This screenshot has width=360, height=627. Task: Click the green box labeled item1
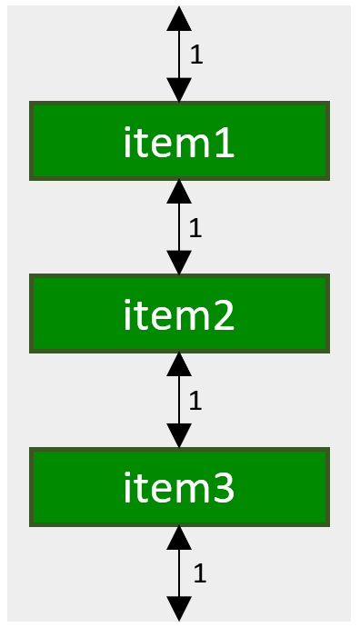179,141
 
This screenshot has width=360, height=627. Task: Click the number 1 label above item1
195,55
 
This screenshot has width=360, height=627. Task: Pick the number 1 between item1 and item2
195,227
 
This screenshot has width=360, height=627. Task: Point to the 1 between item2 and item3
195,400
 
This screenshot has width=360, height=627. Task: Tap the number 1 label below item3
200,572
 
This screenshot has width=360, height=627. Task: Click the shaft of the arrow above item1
180,55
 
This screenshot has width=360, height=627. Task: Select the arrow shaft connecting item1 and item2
180,227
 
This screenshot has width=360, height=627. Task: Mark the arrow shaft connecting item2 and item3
180,400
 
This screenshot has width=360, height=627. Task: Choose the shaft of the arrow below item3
180,572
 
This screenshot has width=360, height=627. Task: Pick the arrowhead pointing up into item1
180,192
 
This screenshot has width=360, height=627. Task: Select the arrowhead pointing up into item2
180,364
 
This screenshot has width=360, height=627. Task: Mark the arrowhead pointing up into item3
180,537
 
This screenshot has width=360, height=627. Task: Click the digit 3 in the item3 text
224,488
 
